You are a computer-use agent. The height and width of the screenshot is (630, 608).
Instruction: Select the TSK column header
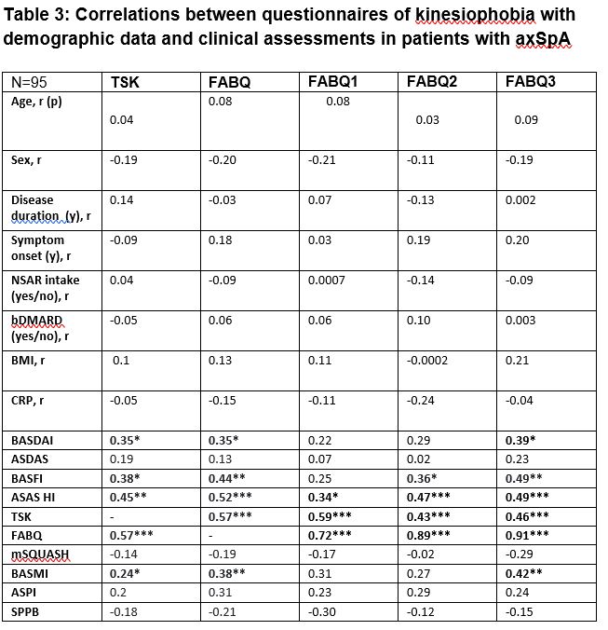click(125, 82)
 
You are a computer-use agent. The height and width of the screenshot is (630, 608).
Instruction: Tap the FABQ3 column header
click(531, 81)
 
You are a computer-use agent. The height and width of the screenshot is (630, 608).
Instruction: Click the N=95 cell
click(30, 82)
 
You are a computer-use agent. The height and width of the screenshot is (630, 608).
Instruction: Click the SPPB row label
click(26, 611)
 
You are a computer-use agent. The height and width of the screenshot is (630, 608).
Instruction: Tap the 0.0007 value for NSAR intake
click(328, 280)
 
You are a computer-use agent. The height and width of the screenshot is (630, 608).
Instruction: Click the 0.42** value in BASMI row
click(524, 573)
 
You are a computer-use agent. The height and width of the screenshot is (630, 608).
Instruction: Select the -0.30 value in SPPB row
click(321, 611)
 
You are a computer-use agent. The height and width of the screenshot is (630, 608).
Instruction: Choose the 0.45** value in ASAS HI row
click(127, 497)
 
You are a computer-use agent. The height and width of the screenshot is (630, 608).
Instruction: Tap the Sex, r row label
click(26, 159)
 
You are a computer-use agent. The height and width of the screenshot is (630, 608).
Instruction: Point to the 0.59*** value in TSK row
click(331, 515)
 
